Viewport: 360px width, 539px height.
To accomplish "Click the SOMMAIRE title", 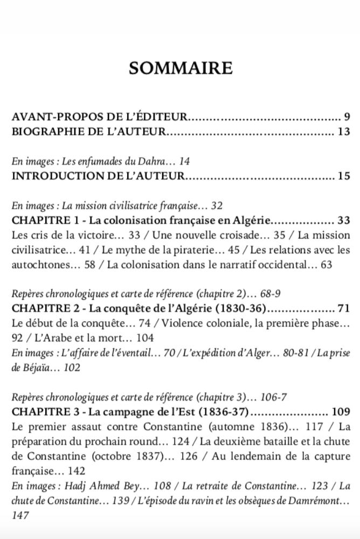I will coord(180,68).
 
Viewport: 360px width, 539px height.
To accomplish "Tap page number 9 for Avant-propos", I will coord(347,116).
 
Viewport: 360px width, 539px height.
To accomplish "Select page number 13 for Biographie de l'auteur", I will coord(344,132).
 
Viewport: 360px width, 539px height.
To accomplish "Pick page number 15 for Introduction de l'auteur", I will coord(344,176).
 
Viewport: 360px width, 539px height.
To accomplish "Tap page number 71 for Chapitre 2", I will coord(343,309).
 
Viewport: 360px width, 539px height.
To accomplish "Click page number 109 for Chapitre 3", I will coord(341,412).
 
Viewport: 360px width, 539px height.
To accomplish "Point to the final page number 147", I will coord(20,516).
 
